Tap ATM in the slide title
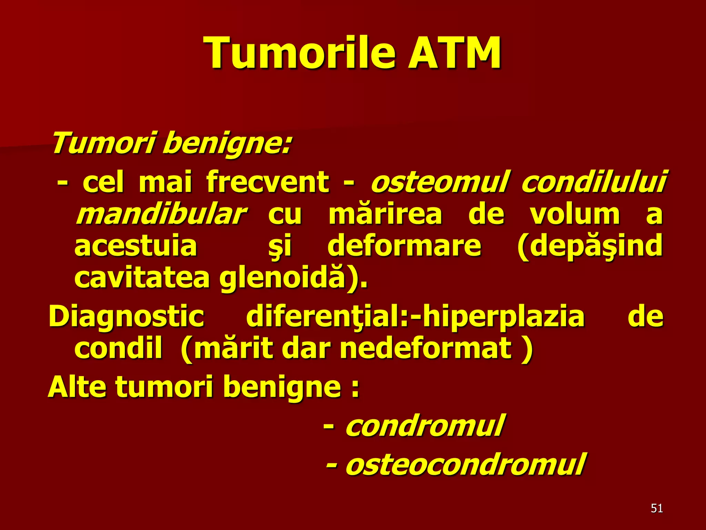coord(454,53)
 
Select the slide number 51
coord(657,508)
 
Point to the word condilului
coord(593,182)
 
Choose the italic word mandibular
coord(161,215)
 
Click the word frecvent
coord(268,182)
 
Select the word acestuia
coord(135,246)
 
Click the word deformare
coord(404,246)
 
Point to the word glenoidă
coord(283,278)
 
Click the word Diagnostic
coord(126,316)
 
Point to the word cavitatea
coord(142,278)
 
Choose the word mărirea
coord(385,215)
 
